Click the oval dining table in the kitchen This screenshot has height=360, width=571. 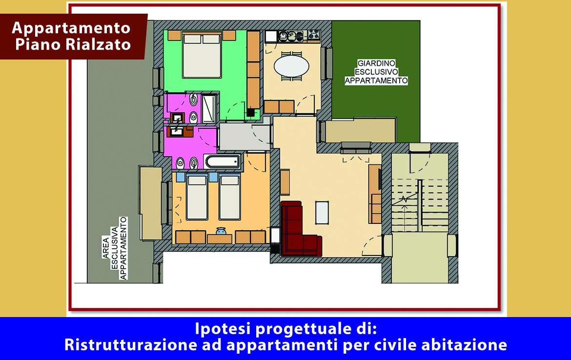(x=291, y=66)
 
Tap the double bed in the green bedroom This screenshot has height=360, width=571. (x=202, y=55)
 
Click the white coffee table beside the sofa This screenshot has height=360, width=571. (x=322, y=213)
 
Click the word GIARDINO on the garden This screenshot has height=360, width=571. (x=376, y=63)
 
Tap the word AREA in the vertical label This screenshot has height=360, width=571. (x=106, y=247)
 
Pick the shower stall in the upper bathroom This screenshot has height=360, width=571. (x=209, y=108)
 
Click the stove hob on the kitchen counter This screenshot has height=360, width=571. (x=314, y=36)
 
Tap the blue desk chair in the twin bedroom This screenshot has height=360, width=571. (x=221, y=231)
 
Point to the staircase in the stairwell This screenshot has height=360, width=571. (x=420, y=205)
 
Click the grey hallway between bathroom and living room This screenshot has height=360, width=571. (x=245, y=136)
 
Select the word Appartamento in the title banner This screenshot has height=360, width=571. (x=71, y=28)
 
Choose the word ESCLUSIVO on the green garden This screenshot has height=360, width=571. (x=377, y=72)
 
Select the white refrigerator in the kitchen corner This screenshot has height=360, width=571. (x=270, y=37)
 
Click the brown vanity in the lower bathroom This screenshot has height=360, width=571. (x=180, y=131)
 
